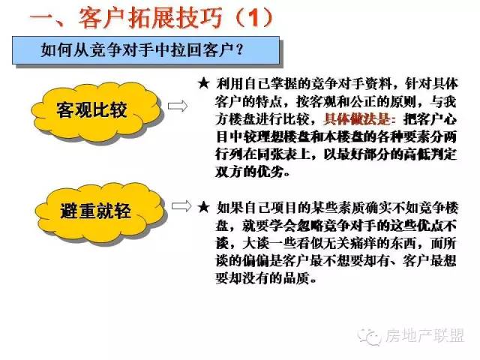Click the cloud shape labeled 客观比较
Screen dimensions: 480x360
coord(96,112)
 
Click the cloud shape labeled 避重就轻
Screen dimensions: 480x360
coord(100,212)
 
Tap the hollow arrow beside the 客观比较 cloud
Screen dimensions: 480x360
coord(178,106)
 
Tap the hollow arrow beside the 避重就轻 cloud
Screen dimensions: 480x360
coord(181,206)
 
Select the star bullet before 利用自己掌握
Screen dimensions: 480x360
coord(203,83)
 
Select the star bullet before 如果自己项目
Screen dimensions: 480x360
coord(204,208)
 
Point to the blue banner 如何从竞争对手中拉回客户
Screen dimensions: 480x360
coord(145,50)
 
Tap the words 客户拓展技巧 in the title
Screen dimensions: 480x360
coord(150,18)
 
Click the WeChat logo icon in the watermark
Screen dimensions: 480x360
coord(368,337)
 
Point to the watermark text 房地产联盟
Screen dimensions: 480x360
coord(424,336)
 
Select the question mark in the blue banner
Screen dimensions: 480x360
coord(240,49)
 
